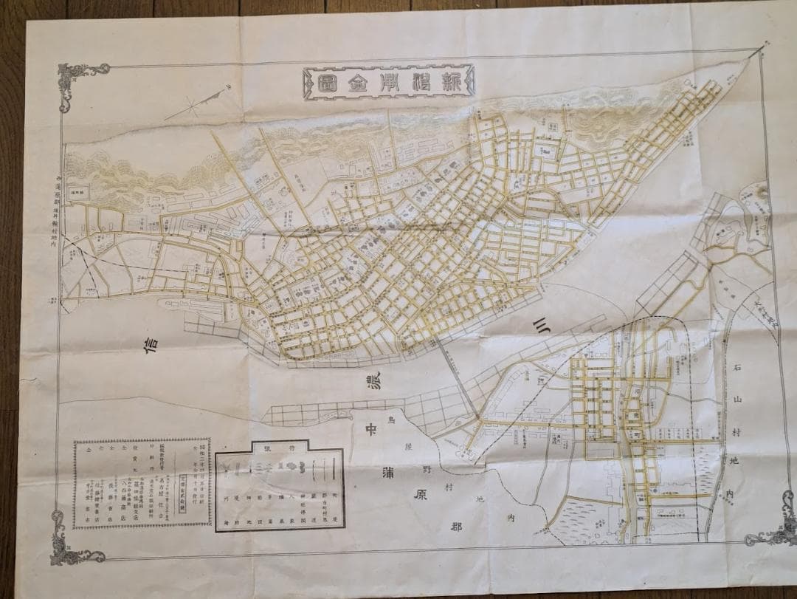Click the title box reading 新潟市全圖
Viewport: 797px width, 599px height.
click(387, 82)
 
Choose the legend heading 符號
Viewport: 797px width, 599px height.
click(281, 448)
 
